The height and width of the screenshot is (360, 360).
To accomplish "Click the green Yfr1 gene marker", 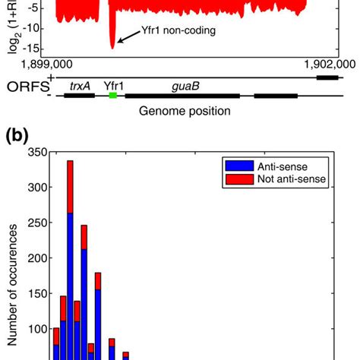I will tap(113, 96).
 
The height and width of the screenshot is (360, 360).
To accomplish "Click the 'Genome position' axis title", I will tap(185, 111).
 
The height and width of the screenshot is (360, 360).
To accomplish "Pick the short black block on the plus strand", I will tap(327, 77).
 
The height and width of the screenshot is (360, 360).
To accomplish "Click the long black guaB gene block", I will tap(182, 96).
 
